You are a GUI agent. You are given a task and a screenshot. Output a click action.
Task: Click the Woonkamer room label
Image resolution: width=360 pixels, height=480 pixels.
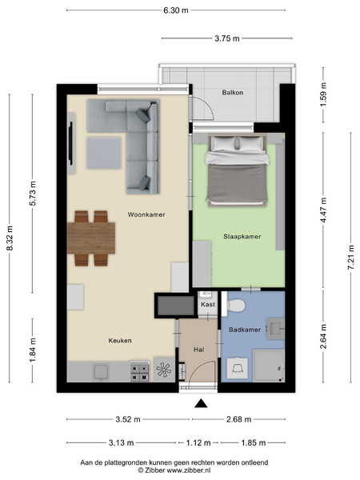(146, 214)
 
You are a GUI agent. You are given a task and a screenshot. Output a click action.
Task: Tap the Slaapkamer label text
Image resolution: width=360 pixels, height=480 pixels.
(242, 236)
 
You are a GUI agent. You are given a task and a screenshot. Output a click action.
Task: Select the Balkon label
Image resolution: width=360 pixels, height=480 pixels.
(233, 93)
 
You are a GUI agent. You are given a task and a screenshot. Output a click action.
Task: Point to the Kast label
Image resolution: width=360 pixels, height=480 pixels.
(208, 305)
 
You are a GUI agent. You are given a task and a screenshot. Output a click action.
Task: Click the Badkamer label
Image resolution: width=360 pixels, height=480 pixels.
(245, 330)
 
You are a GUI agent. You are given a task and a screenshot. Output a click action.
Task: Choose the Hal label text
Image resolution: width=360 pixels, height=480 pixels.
(198, 350)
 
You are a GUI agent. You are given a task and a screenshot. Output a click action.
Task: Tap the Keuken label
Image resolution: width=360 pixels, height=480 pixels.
(120, 341)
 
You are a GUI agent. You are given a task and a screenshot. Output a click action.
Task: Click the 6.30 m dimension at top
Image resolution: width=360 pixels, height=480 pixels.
(176, 10)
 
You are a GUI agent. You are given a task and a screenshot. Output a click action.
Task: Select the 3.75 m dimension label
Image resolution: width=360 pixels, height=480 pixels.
(227, 38)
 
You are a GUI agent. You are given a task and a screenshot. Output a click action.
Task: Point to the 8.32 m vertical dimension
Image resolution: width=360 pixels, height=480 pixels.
(10, 238)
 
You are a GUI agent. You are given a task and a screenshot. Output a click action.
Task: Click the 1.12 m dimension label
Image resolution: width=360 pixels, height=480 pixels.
(198, 442)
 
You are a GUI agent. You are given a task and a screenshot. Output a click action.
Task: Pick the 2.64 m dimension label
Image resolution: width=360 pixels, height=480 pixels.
(323, 337)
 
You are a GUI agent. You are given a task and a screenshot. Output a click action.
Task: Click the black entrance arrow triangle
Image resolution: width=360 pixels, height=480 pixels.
(201, 404)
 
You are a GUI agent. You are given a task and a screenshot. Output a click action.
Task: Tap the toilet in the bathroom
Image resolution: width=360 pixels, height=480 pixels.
(235, 306)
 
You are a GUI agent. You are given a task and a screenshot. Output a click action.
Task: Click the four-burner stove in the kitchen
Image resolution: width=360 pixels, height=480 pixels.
(140, 372)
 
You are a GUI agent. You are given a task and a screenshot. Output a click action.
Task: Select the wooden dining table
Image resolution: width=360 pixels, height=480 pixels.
(91, 238)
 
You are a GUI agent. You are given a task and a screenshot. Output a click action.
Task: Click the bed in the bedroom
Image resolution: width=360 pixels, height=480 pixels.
(238, 170)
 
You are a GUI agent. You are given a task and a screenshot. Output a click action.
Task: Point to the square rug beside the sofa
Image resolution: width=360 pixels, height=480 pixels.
(104, 153)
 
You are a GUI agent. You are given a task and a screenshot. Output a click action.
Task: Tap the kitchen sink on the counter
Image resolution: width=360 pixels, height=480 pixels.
(101, 371)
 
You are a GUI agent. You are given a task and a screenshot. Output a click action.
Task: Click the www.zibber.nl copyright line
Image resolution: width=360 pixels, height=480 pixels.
(174, 470)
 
